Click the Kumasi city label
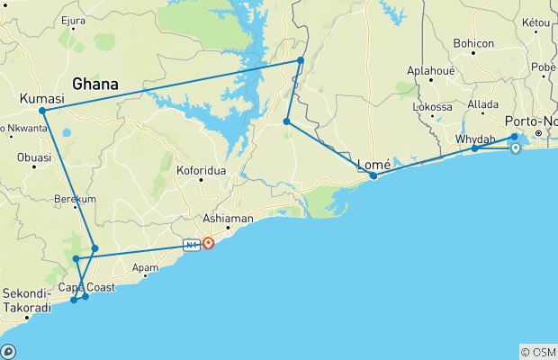click(41, 98)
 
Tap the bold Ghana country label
click(95, 84)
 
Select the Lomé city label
click(374, 164)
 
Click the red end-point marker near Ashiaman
click(209, 243)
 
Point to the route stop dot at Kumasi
click(42, 111)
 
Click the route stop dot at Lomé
click(373, 175)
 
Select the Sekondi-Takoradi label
click(28, 300)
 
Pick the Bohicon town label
click(474, 43)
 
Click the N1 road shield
click(190, 244)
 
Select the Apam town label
click(144, 267)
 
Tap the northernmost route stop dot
click(301, 60)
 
